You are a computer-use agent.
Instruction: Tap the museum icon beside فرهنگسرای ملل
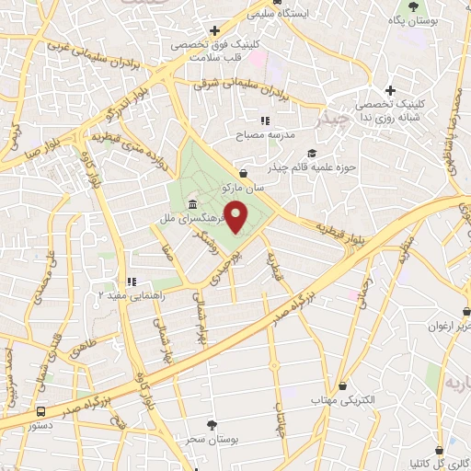coord(192,203)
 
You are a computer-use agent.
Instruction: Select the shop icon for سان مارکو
coord(243,173)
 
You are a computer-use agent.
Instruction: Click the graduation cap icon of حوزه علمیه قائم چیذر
coord(311,153)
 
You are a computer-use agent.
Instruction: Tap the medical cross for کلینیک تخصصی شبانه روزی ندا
coord(390,90)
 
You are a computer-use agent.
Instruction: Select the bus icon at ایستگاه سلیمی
coord(253,13)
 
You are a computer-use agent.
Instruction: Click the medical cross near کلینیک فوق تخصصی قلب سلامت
coord(213,29)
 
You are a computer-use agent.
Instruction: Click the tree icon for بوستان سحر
coord(213,424)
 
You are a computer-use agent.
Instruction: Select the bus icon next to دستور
coord(41,412)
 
